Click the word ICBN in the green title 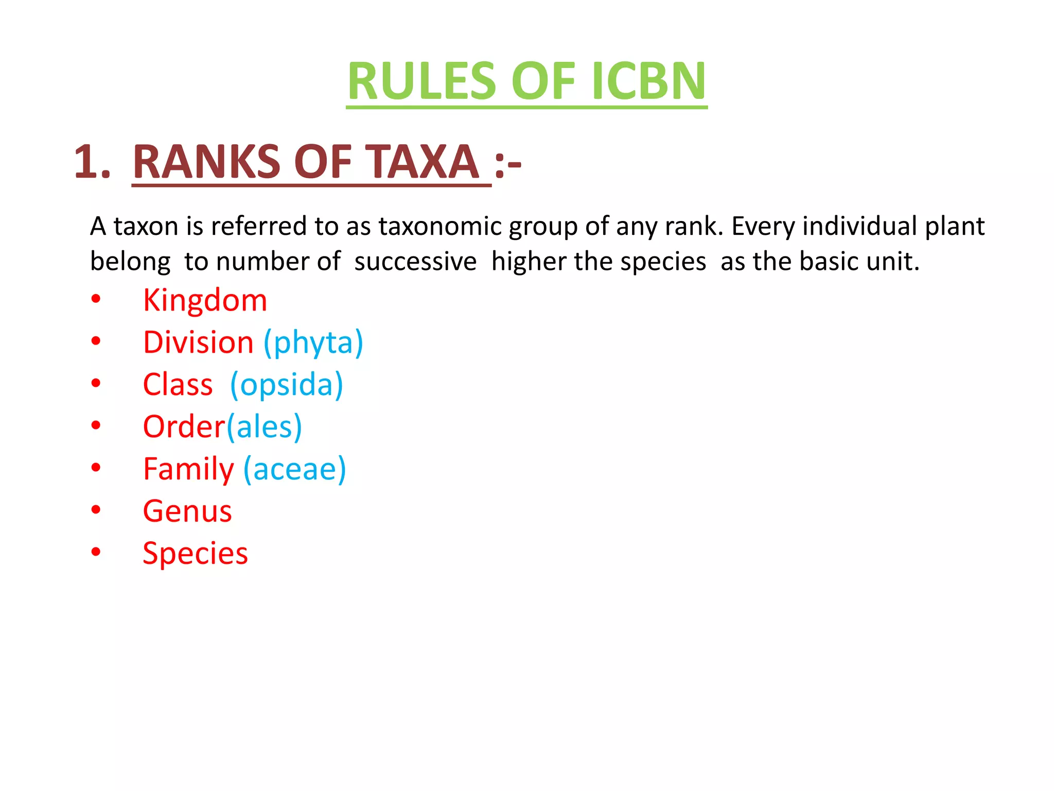pyautogui.click(x=649, y=81)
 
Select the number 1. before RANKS pyautogui.click(x=93, y=162)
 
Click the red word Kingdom pyautogui.click(x=205, y=300)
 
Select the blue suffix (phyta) pyautogui.click(x=313, y=343)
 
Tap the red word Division pyautogui.click(x=198, y=343)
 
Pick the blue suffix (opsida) pyautogui.click(x=287, y=385)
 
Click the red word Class pyautogui.click(x=178, y=385)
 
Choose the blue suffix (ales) pyautogui.click(x=264, y=427)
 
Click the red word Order pyautogui.click(x=184, y=427)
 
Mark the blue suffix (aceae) pyautogui.click(x=295, y=470)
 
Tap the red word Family pyautogui.click(x=188, y=470)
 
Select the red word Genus pyautogui.click(x=187, y=512)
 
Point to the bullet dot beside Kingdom pyautogui.click(x=96, y=299)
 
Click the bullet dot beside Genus pyautogui.click(x=96, y=510)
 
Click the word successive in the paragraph pyautogui.click(x=415, y=262)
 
